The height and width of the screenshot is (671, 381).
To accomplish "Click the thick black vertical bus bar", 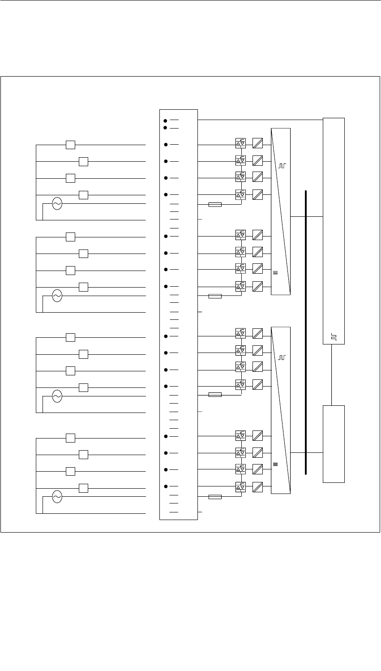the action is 306,331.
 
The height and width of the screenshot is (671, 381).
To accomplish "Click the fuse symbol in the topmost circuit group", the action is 215,204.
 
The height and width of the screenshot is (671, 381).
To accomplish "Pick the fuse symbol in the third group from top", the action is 215,395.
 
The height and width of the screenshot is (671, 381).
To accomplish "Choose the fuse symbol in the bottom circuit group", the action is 215,497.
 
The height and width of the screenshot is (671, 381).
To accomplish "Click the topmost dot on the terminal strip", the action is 165,121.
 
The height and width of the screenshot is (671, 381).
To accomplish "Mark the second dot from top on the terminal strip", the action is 165,128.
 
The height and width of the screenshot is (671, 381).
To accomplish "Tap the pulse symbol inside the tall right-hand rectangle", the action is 334,337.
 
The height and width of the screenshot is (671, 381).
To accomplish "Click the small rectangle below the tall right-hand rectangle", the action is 334,443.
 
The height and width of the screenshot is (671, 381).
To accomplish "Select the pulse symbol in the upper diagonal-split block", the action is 281,166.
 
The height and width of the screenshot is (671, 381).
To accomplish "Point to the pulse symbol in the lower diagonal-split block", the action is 281,357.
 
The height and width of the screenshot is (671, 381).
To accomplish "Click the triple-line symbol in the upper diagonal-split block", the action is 275,272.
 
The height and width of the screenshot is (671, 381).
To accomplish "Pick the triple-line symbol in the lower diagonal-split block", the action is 275,465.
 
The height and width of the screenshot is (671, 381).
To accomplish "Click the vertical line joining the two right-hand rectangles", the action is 331,374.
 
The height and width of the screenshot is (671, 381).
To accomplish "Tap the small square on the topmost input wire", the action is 70,145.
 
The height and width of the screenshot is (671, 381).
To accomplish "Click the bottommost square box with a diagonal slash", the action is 257,486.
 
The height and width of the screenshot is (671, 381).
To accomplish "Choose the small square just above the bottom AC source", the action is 83,488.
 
